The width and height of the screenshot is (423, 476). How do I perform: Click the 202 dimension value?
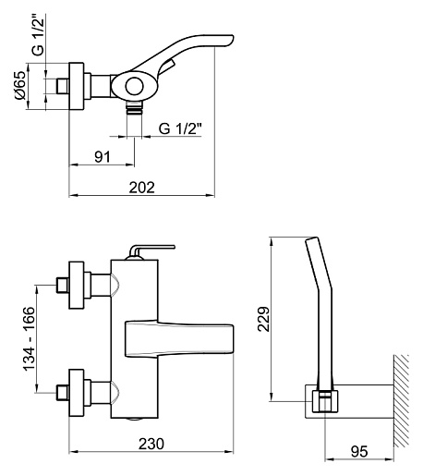point(141,188)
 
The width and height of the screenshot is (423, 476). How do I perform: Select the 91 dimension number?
point(103,157)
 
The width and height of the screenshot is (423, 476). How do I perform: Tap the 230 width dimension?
point(151,444)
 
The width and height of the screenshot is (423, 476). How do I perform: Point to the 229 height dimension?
point(263,319)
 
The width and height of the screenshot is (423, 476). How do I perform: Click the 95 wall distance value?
point(359,452)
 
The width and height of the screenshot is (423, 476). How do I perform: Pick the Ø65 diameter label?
point(20,85)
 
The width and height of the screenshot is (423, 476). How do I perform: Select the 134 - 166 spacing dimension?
point(30,339)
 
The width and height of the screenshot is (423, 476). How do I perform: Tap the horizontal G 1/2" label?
point(180,128)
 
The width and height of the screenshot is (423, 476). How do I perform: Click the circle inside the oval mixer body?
point(135,86)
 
